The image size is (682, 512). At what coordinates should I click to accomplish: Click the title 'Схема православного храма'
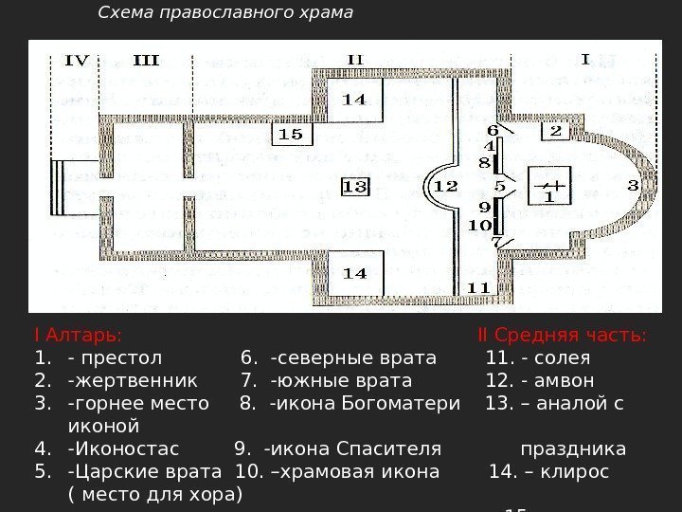225,12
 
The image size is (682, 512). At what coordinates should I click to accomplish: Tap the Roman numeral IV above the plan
77,61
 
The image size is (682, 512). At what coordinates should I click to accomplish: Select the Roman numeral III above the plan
146,61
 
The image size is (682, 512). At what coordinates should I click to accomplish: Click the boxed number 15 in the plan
291,135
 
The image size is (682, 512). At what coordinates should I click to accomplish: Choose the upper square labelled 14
353,99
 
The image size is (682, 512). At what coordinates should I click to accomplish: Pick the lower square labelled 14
353,273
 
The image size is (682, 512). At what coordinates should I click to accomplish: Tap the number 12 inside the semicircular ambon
446,186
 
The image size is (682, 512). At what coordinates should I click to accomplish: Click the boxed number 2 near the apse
555,130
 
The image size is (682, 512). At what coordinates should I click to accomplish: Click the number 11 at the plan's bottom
478,287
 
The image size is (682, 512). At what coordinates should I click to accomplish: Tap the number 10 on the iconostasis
478,225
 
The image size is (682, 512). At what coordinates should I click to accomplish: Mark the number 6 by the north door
493,129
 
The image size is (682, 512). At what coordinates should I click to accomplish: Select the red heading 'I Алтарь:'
77,336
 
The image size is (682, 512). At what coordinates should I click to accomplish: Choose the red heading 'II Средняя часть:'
562,336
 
